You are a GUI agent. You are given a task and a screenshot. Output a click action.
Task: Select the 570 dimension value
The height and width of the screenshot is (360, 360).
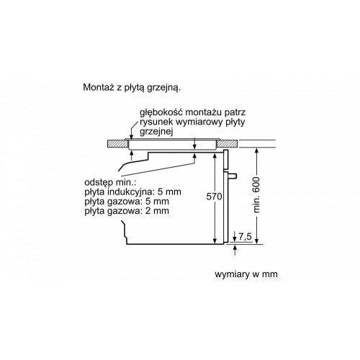[x=214, y=197]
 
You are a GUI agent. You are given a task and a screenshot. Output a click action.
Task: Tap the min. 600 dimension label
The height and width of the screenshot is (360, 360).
[x=256, y=195]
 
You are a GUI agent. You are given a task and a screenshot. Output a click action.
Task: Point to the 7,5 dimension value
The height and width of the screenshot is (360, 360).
[x=245, y=237]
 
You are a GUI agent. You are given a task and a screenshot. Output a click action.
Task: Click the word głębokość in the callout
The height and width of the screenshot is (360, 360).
[x=161, y=112]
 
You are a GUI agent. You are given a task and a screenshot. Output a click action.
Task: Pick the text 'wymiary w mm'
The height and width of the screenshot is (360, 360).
[x=246, y=274]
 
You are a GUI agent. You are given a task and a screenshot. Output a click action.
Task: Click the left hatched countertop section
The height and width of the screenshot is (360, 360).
[x=117, y=144]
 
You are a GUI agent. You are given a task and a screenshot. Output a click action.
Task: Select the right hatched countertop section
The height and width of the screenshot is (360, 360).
[x=228, y=144]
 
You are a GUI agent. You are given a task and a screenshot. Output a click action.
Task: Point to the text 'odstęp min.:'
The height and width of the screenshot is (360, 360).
[x=110, y=183]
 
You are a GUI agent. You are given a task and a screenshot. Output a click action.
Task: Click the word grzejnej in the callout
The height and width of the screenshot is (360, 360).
[x=156, y=132]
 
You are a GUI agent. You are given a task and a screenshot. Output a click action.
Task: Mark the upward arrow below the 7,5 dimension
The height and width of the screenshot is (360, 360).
[x=235, y=251]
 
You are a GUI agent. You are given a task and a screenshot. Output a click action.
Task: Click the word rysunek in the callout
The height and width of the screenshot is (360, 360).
[x=156, y=122]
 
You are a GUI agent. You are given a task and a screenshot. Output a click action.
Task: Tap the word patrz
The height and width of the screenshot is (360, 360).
[x=234, y=113]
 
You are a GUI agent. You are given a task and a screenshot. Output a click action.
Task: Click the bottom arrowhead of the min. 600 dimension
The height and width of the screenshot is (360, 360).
[x=256, y=241]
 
